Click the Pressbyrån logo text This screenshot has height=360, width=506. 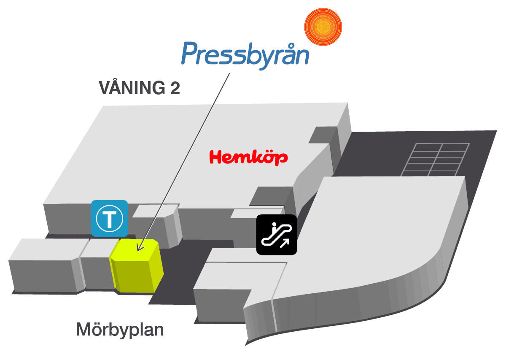pos(245,56)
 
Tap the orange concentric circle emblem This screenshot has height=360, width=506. pos(323,27)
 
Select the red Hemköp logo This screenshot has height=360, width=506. pos(248,157)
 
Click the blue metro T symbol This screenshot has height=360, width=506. pos(110,219)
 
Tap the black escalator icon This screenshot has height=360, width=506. pos(277,235)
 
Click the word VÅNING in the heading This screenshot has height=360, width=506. pos(132,87)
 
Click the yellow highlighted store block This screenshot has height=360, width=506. pos(137,266)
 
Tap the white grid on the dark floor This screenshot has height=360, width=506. pos(435,160)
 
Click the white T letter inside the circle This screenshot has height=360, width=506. pos(110,219)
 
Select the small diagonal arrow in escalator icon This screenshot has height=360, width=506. pos(285,244)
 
